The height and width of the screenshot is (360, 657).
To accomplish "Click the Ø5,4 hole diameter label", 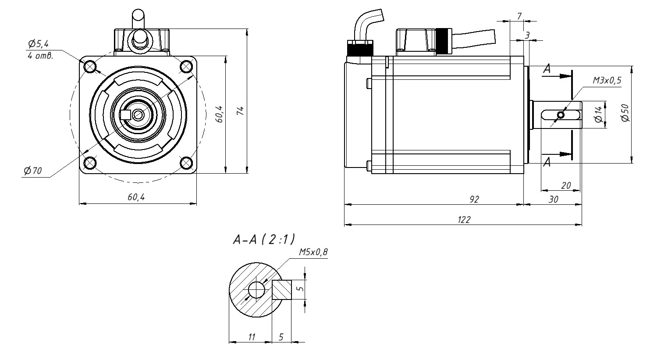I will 38,44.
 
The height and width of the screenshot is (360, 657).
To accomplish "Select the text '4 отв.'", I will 40,56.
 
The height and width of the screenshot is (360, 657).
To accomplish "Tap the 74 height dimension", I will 240,111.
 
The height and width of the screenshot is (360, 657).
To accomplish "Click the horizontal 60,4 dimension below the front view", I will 136,197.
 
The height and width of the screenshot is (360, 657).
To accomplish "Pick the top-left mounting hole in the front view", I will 90,67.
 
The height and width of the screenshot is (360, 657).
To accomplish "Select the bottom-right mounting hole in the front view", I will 186,163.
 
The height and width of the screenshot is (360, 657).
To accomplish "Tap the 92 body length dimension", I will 474,199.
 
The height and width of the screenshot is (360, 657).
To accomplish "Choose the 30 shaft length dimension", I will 553,199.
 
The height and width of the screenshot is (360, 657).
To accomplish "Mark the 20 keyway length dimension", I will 565,185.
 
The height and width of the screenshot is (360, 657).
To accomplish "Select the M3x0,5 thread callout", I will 607,80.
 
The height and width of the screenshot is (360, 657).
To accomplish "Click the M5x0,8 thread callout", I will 313,252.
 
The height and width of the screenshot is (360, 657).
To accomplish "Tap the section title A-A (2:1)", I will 264,239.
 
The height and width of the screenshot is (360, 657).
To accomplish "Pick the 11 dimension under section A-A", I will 252,337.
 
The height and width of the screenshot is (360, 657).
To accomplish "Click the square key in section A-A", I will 282,290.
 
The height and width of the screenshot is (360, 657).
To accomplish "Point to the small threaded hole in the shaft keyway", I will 561,115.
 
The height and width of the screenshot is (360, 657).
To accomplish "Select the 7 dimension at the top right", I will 519,16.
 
